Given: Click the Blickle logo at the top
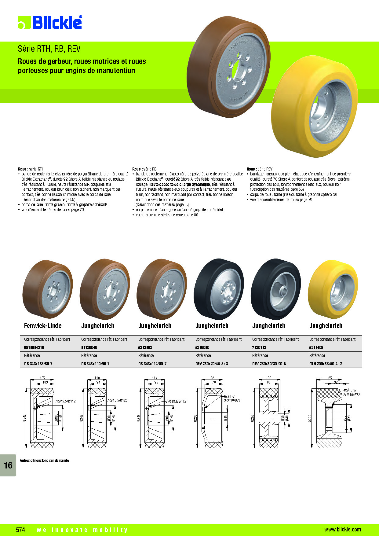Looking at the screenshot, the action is tap(50, 22).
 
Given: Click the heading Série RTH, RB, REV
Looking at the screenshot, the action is tap(49, 49).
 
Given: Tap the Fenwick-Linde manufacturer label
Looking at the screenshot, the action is tap(43, 326).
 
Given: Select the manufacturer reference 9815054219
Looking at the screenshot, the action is tap(34, 347).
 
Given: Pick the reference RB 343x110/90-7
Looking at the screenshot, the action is tap(95, 364).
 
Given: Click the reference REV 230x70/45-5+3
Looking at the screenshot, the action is tap(212, 364).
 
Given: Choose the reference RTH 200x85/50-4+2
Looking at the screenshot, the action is tap(326, 364).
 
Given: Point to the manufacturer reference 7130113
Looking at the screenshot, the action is tap(259, 347).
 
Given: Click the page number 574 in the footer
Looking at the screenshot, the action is tap(20, 530).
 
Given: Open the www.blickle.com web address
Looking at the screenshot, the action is tap(342, 530).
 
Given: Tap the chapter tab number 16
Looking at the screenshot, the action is tap(8, 465).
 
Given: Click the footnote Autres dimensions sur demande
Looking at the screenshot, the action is tap(44, 461).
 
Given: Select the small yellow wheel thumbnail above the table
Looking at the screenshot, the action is tap(333, 289).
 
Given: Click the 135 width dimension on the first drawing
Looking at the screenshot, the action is tap(42, 378).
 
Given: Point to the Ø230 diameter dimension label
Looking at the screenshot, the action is tap(195, 418).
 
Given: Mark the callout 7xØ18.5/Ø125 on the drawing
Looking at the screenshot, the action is tap(117, 400).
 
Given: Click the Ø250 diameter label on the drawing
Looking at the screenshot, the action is tap(253, 418).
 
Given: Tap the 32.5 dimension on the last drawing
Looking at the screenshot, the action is tap(337, 382).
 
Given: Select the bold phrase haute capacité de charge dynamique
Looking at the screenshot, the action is tap(180, 184).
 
